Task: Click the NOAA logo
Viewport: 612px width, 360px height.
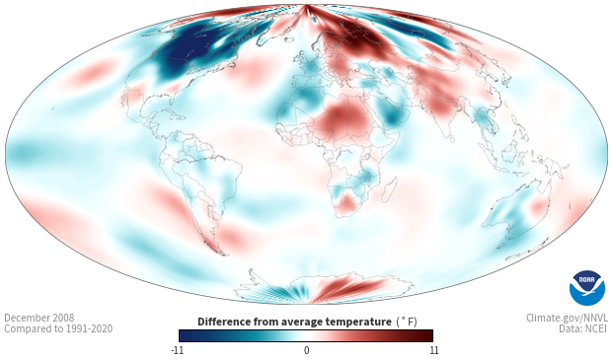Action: (587, 288)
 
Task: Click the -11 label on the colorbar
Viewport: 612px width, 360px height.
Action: (177, 350)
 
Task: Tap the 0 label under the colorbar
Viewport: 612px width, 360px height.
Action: (306, 350)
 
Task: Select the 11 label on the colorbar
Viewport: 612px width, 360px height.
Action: (433, 350)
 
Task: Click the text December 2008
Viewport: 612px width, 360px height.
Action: (39, 318)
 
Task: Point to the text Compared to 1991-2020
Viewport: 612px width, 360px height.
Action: (58, 328)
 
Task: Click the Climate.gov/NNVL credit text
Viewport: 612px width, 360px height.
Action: (567, 318)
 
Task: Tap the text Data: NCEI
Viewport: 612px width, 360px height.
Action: (583, 328)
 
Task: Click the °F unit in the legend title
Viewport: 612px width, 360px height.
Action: (407, 323)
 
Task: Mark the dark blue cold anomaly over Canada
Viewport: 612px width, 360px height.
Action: (191, 50)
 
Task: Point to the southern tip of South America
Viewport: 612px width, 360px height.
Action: (223, 254)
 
